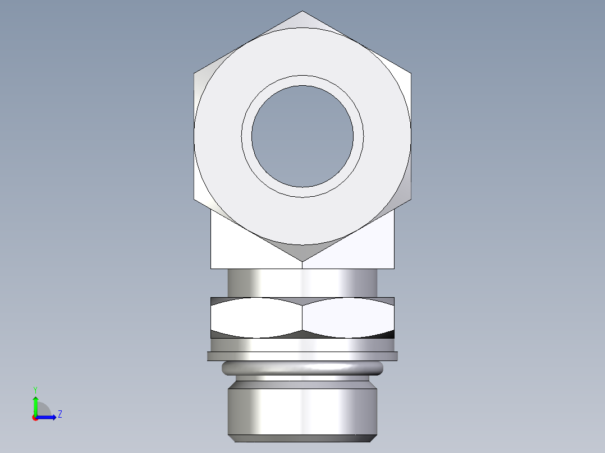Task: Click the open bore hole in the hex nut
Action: pyautogui.click(x=302, y=136)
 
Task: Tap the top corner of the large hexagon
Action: pyautogui.click(x=302, y=11)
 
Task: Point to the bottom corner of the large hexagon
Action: pyautogui.click(x=302, y=261)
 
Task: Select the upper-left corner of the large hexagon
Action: pyautogui.click(x=195, y=73)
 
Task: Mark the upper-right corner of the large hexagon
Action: pyautogui.click(x=411, y=73)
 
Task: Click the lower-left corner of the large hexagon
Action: pyautogui.click(x=195, y=198)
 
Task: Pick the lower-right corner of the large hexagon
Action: pyautogui.click(x=411, y=198)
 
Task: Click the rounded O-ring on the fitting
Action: pyautogui.click(x=302, y=368)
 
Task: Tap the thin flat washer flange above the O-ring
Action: pyautogui.click(x=302, y=356)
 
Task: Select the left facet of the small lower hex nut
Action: pyautogui.click(x=256, y=317)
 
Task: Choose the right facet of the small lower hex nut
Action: pyautogui.click(x=348, y=317)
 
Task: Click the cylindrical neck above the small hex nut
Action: pyautogui.click(x=302, y=283)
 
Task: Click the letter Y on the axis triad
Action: pyautogui.click(x=35, y=389)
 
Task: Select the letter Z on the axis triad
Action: pyautogui.click(x=59, y=414)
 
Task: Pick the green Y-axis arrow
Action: pyautogui.click(x=35, y=404)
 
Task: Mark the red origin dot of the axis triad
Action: pyautogui.click(x=35, y=418)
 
